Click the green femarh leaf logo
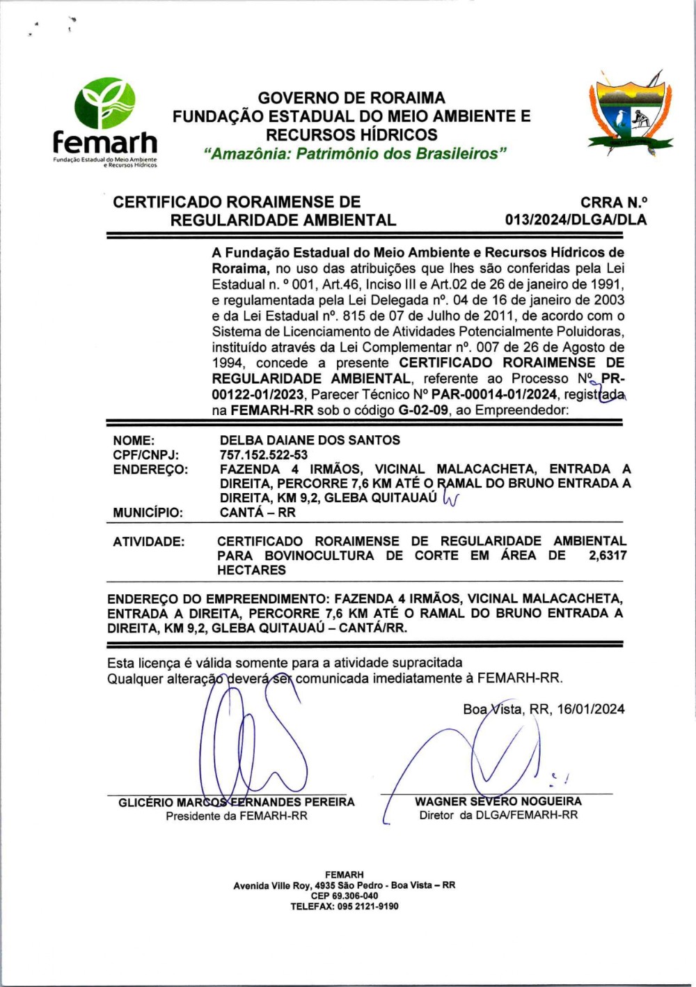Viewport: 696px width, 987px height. coord(105,103)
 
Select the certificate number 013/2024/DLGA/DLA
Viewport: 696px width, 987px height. coord(576,220)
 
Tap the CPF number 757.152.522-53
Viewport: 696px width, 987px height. coord(264,455)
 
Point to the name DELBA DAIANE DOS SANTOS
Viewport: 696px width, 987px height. coord(310,440)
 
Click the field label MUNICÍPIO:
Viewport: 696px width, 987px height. coord(148,513)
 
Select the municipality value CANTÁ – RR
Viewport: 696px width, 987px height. coord(258,513)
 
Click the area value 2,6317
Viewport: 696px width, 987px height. coord(607,555)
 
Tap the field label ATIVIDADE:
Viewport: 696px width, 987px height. coord(149,541)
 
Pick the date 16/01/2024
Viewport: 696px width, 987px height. coord(591,709)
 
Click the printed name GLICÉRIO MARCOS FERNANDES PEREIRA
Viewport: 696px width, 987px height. coord(237,802)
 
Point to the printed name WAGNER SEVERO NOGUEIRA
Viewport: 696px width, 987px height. coord(498,802)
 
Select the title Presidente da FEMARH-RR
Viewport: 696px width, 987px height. coord(237,816)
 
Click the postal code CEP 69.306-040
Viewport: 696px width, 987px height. coord(345,896)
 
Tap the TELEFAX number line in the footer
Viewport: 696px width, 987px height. coord(345,906)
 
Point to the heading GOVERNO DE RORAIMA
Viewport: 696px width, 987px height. coord(351,98)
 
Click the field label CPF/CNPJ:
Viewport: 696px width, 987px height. coord(146,455)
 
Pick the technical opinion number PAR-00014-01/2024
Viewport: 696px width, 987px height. coord(494,394)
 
